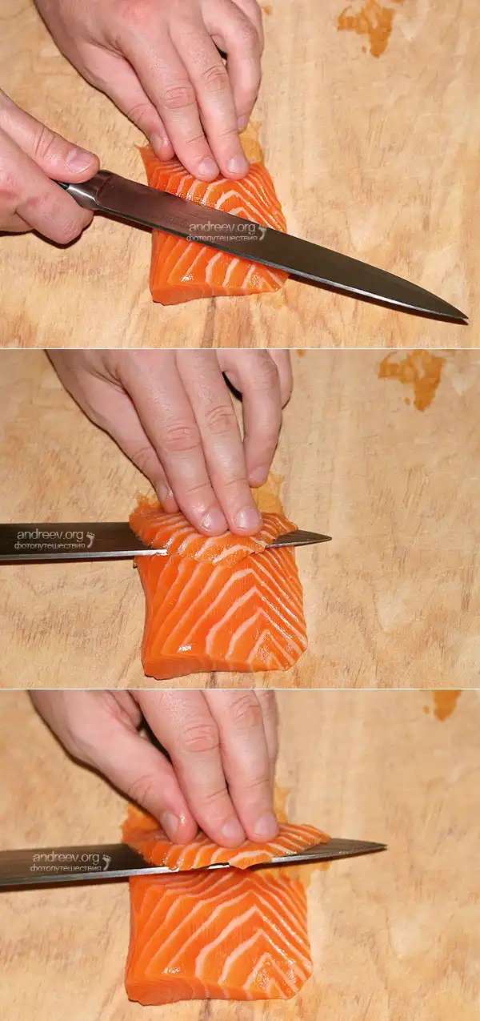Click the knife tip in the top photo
pos(466,318)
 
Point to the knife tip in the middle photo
pos(330,539)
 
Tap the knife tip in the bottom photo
pos(386,847)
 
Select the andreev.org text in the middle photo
pos(50,535)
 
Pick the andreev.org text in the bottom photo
pos(66,858)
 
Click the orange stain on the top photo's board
pos(367,26)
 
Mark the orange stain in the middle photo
pos(411,378)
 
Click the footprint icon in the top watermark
pos(262,231)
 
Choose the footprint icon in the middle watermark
pos(90,539)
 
